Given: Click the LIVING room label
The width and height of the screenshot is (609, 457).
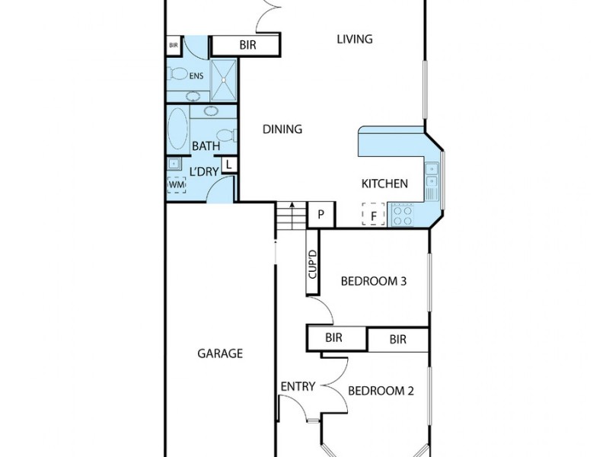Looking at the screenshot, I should [355, 39].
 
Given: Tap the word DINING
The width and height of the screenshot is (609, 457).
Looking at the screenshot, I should [282, 129].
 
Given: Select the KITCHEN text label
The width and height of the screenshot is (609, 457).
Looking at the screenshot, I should [384, 184].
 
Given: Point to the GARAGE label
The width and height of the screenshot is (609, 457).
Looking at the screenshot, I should [220, 353].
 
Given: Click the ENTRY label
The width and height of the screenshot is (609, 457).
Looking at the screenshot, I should [298, 386].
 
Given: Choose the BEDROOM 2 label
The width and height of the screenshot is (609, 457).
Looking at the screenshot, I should [381, 391].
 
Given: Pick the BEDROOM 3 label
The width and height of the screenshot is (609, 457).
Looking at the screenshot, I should [373, 281].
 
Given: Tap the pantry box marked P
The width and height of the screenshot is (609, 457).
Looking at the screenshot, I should [321, 215].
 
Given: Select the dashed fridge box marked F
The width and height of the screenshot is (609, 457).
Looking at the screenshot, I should [373, 215].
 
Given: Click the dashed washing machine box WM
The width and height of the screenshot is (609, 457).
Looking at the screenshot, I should [176, 184].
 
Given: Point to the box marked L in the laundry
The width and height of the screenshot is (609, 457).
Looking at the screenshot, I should [228, 165].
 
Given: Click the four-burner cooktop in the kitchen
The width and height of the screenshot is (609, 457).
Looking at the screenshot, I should [401, 215].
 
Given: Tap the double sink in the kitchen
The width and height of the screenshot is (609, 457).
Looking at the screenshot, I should [432, 174].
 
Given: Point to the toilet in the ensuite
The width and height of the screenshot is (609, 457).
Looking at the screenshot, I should [178, 75].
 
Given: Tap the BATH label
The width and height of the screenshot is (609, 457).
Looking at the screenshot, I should [206, 145].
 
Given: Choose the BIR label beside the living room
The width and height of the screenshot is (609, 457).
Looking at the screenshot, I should [247, 46].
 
